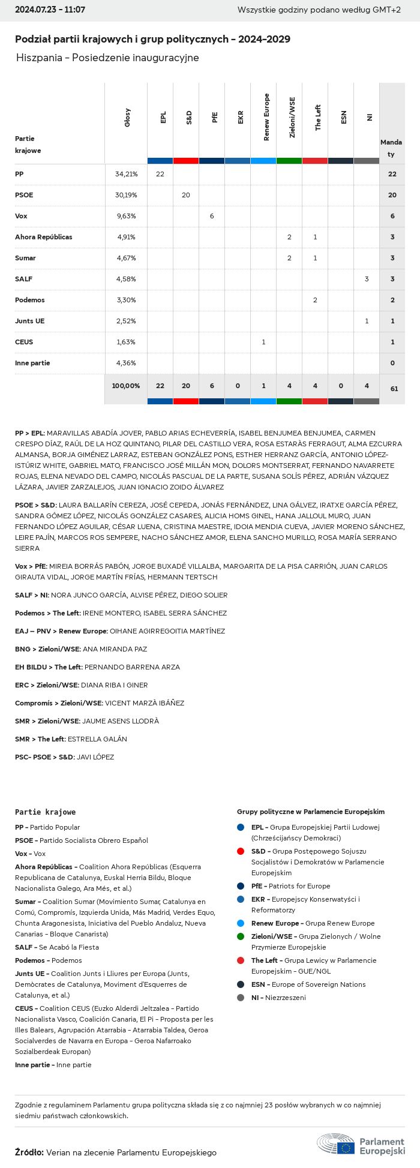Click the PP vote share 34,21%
pos(126,174)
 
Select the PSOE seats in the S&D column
pos(186,195)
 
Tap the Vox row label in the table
pos(21,216)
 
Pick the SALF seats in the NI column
pos(367,279)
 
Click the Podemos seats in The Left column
pos(315,300)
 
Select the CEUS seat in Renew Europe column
pos(263,342)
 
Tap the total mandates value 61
pos(394,389)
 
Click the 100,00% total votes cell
pos(126,386)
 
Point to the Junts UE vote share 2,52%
pos(126,321)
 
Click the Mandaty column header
pos(391,148)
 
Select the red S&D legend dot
pos(241,851)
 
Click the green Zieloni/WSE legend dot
pos(241,936)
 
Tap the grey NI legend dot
pos(241,998)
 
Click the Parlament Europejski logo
pos(361,1145)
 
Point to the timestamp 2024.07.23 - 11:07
pos(50,10)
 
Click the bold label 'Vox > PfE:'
pos(31,566)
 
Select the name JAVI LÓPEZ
pos(95,757)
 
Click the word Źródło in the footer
pos(29,1152)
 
